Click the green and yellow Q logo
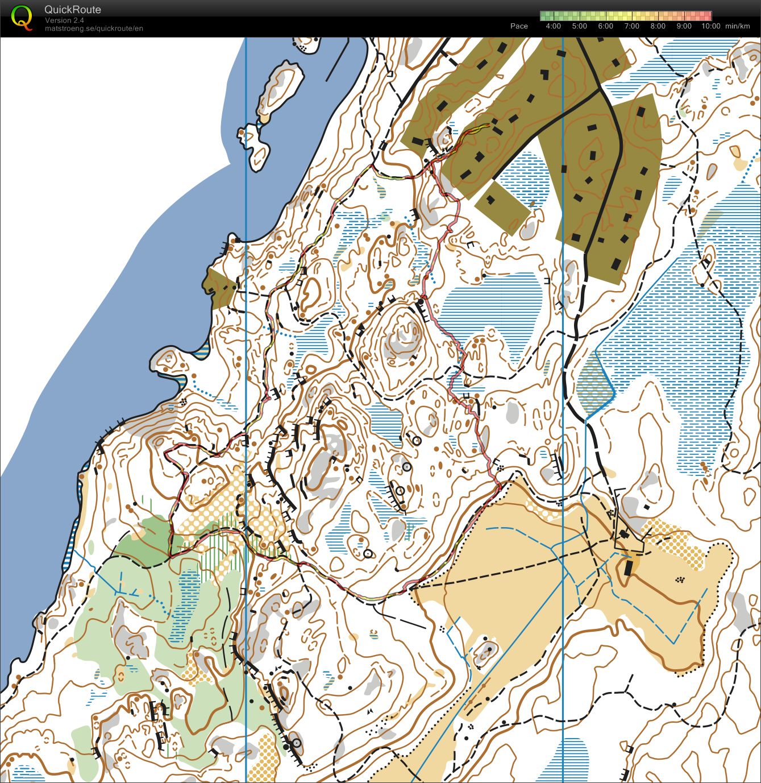(x=22, y=17)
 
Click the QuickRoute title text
(x=73, y=10)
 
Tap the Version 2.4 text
(x=64, y=20)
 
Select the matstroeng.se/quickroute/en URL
(x=94, y=28)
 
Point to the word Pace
(x=519, y=26)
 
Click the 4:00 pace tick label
(x=552, y=26)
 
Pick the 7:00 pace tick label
(x=631, y=26)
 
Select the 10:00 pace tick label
(x=710, y=26)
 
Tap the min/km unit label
(x=738, y=26)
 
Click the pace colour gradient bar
(x=625, y=16)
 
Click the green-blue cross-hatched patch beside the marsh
(x=594, y=381)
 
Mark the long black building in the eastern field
(x=629, y=567)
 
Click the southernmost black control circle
(x=296, y=743)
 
